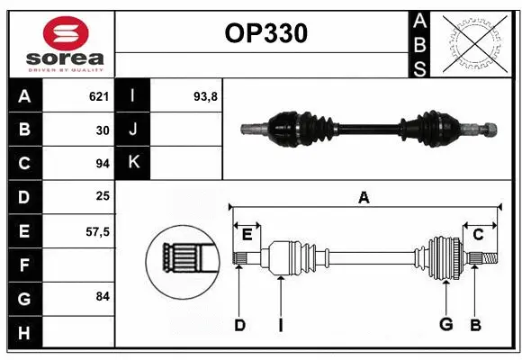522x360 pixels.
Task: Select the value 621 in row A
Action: [x=98, y=96]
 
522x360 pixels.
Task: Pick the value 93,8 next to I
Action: [x=206, y=96]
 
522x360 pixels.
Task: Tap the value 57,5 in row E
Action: [x=96, y=231]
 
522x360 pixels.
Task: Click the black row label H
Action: [x=24, y=333]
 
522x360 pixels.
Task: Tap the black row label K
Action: [x=134, y=163]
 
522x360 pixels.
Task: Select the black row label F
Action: [x=24, y=265]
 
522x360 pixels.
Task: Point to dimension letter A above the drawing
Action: [x=364, y=197]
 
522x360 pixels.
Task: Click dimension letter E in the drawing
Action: [x=247, y=235]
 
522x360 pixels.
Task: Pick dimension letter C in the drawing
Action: [x=478, y=235]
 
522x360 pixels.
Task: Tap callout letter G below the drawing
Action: [x=445, y=325]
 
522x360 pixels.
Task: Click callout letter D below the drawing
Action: [x=239, y=325]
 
